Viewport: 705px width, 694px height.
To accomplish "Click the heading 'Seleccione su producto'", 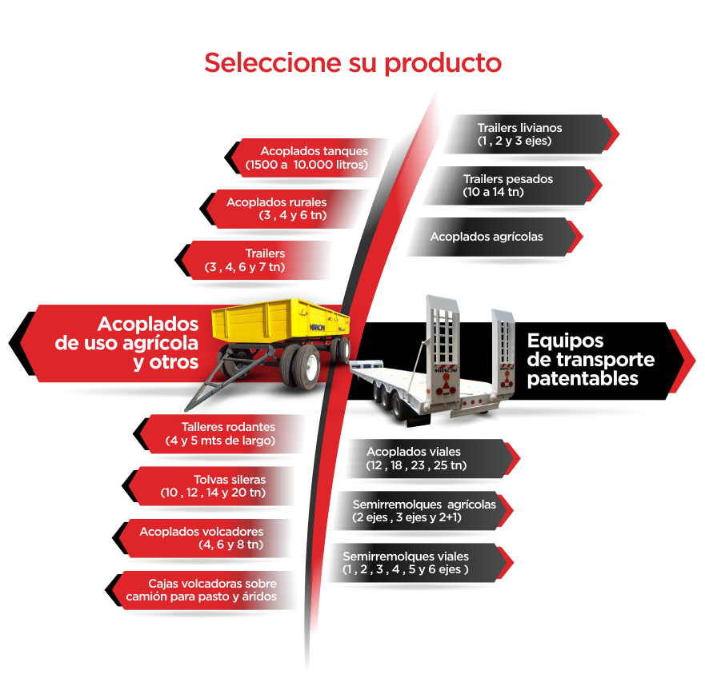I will pyautogui.click(x=352, y=62).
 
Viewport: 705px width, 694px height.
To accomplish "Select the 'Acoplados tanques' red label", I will pyautogui.click(x=312, y=158).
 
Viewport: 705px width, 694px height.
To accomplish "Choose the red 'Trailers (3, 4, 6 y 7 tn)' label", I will pyautogui.click(x=257, y=260).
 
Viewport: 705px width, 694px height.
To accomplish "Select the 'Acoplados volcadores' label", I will pyautogui.click(x=203, y=537).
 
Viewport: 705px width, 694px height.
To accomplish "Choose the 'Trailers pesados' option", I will pyautogui.click(x=508, y=185).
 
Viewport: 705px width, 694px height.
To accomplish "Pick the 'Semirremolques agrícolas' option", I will pyautogui.click(x=424, y=510).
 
